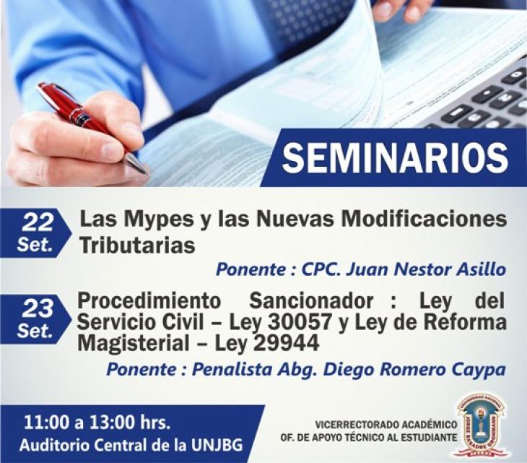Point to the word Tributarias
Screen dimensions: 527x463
(138, 245)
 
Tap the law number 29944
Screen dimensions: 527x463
(286, 343)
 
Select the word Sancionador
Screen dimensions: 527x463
(311, 300)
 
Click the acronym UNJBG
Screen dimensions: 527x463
(217, 445)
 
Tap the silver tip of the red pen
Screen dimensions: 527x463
(137, 165)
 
